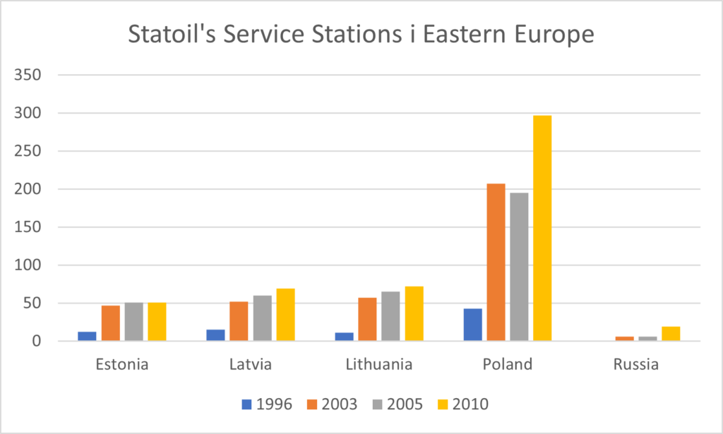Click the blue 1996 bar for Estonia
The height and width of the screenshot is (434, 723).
click(87, 337)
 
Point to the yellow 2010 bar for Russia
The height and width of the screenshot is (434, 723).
click(671, 334)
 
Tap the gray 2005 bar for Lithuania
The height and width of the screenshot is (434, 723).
click(390, 317)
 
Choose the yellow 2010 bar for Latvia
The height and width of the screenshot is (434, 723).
click(285, 315)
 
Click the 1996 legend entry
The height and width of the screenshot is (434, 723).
click(267, 404)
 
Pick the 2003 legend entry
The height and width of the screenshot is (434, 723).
click(332, 404)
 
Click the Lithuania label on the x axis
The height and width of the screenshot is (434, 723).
click(379, 365)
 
